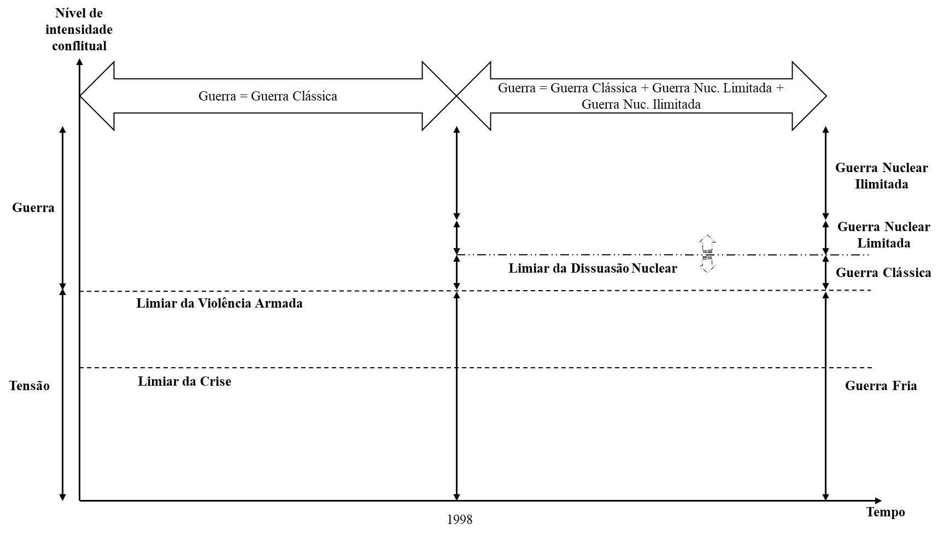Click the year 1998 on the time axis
459,520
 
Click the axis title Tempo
886,513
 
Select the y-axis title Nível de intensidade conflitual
79,30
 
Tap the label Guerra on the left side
33,208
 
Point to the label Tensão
30,386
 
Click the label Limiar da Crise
184,381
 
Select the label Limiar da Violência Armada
219,303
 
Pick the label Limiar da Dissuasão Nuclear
593,268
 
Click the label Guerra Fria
881,386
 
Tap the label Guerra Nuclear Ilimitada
881,176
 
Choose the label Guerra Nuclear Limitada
883,235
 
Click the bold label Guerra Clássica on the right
883,273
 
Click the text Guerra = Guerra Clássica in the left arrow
268,96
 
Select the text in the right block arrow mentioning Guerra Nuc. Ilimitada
641,96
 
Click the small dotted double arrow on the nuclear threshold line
707,254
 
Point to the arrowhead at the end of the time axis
878,500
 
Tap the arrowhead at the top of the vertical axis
80,62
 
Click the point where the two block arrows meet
456,96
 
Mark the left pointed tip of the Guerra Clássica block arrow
80,96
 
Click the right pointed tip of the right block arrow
826,96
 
